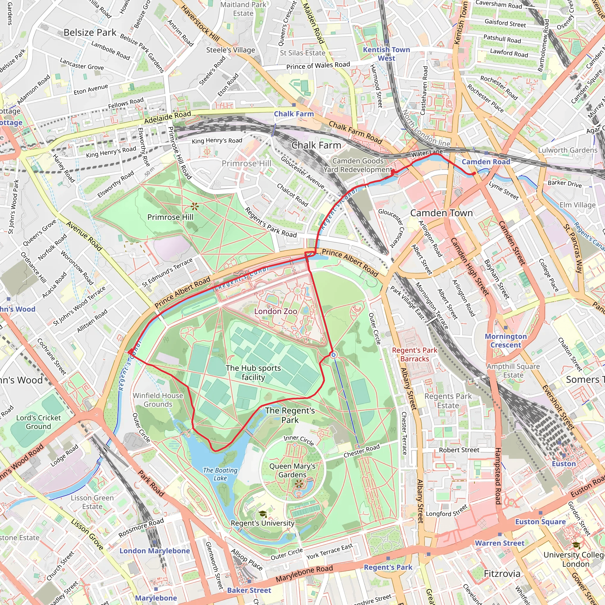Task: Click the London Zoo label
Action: [x=276, y=311]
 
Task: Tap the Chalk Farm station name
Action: [x=294, y=114]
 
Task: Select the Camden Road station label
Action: [x=486, y=162]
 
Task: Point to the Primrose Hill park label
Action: [x=170, y=217]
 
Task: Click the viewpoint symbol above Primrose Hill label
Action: [x=195, y=206]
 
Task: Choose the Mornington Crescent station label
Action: [x=506, y=340]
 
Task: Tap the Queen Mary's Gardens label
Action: [x=292, y=470]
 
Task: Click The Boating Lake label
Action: [x=220, y=474]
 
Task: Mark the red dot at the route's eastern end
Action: [x=474, y=173]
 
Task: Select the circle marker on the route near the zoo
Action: [x=334, y=355]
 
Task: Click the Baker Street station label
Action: [x=249, y=590]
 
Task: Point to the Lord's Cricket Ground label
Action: [x=38, y=422]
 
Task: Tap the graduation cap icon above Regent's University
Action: [x=262, y=514]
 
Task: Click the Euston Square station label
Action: [x=541, y=522]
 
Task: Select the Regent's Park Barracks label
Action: [x=414, y=354]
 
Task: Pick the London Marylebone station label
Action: [x=155, y=551]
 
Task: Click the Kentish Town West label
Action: [x=386, y=54]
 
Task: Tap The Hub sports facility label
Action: [x=253, y=372]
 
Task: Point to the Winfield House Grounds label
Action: [x=158, y=400]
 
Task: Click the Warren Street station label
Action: [x=500, y=543]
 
